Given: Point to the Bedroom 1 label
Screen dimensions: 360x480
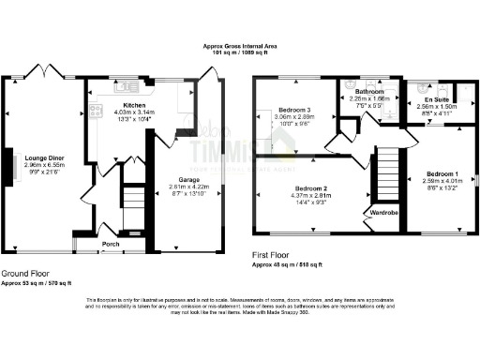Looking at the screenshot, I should pyautogui.click(x=442, y=173).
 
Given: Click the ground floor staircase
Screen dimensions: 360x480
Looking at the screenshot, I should pyautogui.click(x=133, y=202).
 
